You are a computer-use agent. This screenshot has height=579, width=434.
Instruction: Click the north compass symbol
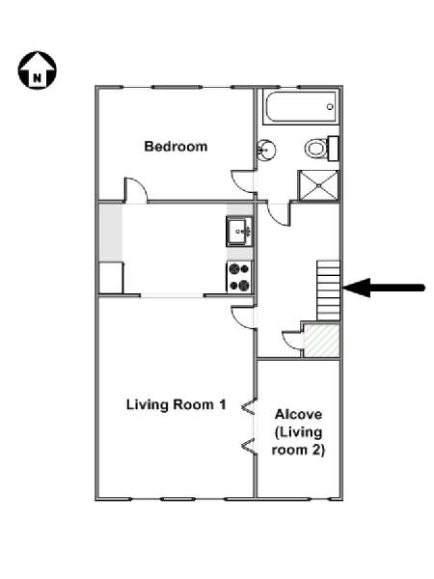[x=38, y=70]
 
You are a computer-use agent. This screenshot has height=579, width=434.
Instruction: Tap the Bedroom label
[x=176, y=147]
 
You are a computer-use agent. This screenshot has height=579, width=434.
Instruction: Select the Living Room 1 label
[x=176, y=404]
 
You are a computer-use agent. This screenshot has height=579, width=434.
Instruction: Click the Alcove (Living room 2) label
[x=298, y=431]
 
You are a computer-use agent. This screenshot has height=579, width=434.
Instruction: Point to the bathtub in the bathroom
[x=301, y=107]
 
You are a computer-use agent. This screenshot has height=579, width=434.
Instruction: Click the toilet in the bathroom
[x=321, y=149]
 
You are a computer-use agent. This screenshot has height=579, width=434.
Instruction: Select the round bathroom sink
[x=266, y=151]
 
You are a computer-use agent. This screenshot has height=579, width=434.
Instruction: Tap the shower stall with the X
[x=318, y=185]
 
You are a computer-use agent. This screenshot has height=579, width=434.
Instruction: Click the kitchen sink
[x=239, y=232]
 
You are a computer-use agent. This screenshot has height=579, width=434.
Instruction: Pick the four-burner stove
[x=239, y=277]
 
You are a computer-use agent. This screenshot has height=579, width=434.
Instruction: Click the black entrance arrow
[x=384, y=288]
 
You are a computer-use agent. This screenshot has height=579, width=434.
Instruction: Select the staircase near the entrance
[x=328, y=290]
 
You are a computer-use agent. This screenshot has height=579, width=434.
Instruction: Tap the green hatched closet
[x=321, y=341]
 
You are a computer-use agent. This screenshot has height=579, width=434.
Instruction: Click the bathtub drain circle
[x=330, y=107]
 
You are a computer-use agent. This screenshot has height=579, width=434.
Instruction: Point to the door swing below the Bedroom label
[x=136, y=190]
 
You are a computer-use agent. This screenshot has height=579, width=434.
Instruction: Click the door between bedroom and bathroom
[x=243, y=181]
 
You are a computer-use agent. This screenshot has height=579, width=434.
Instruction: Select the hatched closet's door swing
[x=292, y=339]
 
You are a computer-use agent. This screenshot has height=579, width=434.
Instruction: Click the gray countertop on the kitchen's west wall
[x=110, y=233]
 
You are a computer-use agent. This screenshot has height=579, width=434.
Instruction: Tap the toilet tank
[x=334, y=149]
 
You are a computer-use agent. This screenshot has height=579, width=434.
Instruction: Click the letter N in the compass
[x=38, y=78]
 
